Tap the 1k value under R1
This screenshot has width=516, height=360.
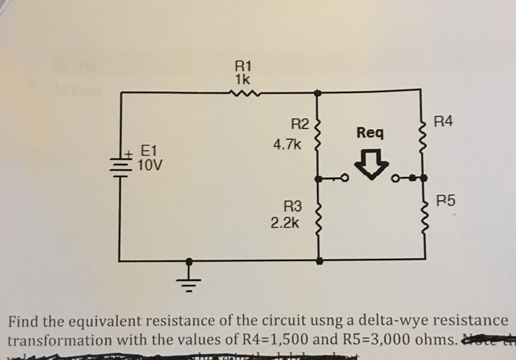click(x=242, y=77)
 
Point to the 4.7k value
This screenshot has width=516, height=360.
click(x=287, y=145)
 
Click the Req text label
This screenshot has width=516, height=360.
click(x=369, y=133)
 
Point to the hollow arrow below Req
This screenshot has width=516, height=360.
click(x=374, y=166)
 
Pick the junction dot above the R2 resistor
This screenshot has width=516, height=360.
click(x=318, y=93)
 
